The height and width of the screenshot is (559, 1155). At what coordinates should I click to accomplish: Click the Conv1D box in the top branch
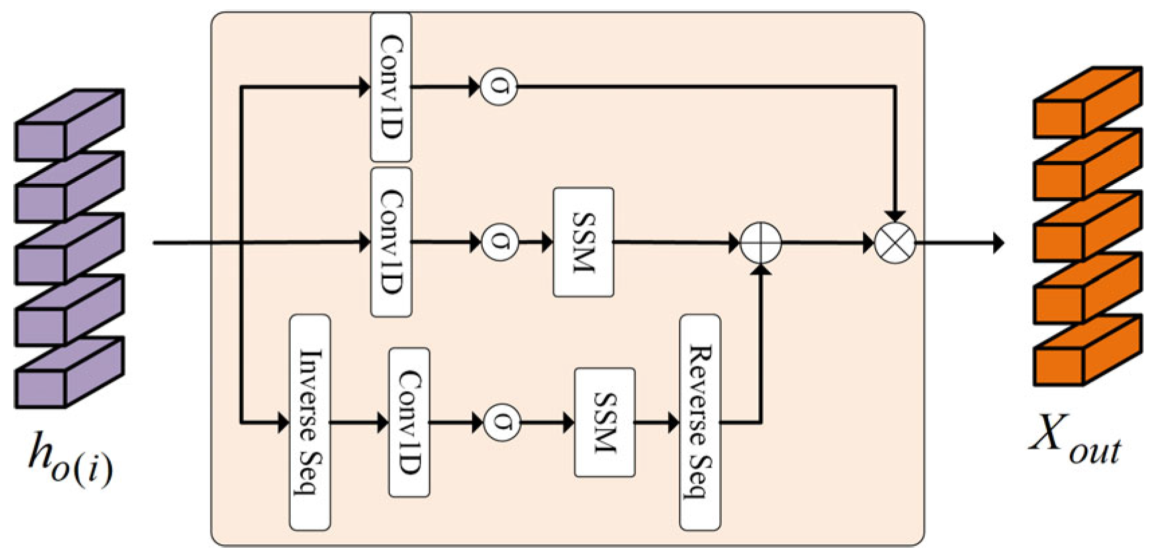pyautogui.click(x=391, y=87)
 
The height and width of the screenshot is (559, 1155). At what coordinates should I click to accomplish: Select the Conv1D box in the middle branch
pyautogui.click(x=391, y=242)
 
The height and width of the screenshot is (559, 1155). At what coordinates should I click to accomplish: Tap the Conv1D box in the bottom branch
pyautogui.click(x=409, y=422)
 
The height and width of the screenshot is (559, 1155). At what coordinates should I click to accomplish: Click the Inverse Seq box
pyautogui.click(x=310, y=422)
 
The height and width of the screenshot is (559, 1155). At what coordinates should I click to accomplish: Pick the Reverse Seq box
pyautogui.click(x=700, y=422)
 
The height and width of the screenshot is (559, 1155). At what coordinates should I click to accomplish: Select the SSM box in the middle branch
pyautogui.click(x=583, y=242)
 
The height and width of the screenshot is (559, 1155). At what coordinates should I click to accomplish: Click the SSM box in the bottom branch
pyautogui.click(x=604, y=422)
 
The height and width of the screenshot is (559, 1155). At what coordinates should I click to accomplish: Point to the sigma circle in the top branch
pyautogui.click(x=498, y=87)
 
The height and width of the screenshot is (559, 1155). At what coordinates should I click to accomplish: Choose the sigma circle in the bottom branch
pyautogui.click(x=502, y=422)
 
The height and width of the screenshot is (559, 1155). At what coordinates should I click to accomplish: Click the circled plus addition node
pyautogui.click(x=761, y=242)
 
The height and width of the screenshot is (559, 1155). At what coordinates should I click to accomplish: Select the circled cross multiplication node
pyautogui.click(x=895, y=242)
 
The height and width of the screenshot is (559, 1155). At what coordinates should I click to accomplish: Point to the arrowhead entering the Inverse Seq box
pyautogui.click(x=283, y=423)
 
